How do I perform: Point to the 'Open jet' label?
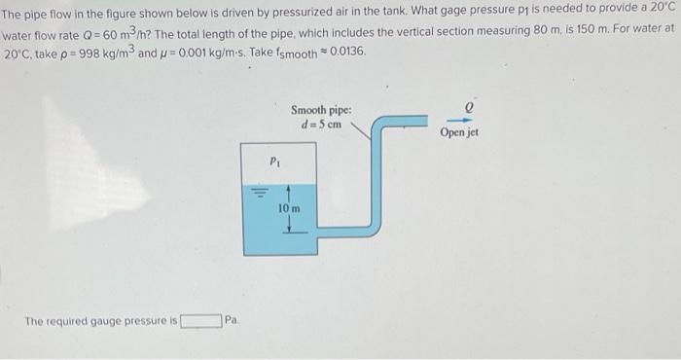pos(458,132)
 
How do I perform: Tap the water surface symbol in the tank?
pos(259,191)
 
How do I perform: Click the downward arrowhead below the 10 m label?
pos(289,231)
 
